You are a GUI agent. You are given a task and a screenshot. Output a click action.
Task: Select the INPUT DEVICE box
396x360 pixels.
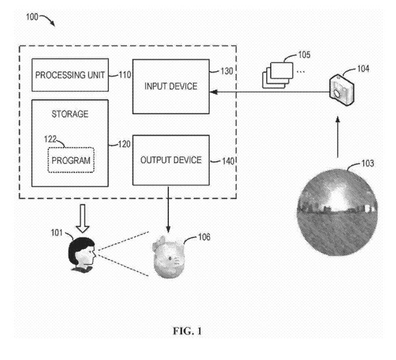170,86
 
